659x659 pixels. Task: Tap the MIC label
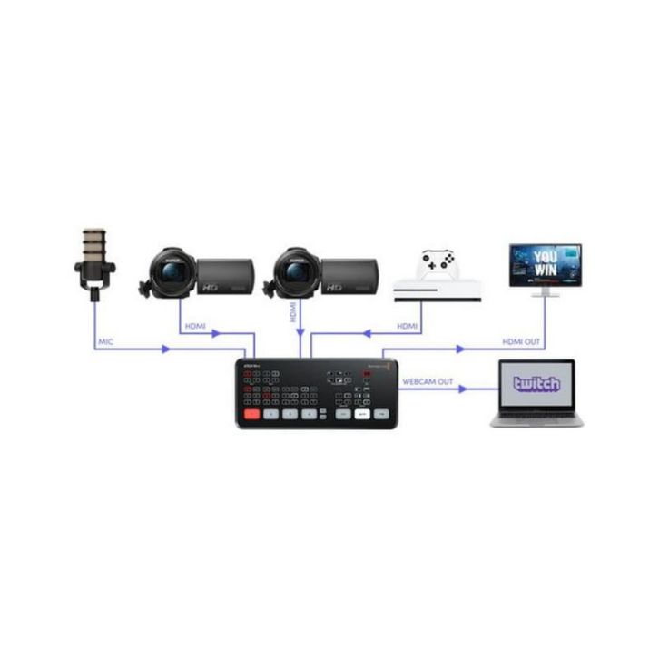click(x=106, y=341)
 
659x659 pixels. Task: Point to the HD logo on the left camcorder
click(x=211, y=286)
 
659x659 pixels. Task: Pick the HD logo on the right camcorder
click(x=334, y=286)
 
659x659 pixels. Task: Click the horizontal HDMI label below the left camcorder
click(x=197, y=326)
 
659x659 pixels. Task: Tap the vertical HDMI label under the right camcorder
click(x=293, y=314)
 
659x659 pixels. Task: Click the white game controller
click(x=438, y=264)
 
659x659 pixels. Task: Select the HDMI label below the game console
click(x=408, y=326)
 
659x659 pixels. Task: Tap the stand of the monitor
click(x=545, y=290)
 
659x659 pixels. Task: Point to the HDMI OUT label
click(x=523, y=341)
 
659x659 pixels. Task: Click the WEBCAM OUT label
click(x=428, y=382)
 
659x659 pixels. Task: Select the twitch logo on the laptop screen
click(x=536, y=384)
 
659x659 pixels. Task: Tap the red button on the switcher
click(x=251, y=414)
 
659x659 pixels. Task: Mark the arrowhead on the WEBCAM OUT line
click(x=464, y=390)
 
